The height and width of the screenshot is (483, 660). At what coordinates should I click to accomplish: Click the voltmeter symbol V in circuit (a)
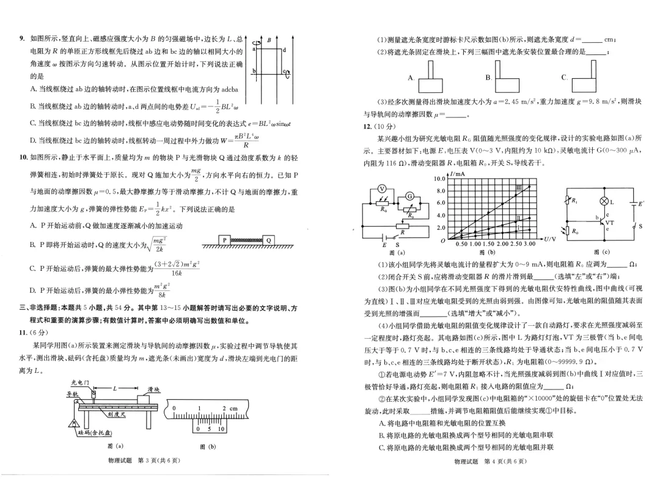[380, 188]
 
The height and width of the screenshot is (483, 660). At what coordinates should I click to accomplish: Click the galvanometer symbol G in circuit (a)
[411, 196]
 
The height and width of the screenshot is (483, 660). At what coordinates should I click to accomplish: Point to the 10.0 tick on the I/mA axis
[442, 179]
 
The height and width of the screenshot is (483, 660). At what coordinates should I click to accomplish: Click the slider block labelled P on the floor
[224, 239]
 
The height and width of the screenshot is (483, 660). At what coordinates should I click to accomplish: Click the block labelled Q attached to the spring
[269, 239]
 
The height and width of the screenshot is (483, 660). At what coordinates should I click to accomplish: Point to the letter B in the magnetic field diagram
[268, 40]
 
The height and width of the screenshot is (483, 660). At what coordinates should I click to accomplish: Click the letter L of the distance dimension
[114, 388]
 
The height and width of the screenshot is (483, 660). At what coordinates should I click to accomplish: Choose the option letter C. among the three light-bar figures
[563, 78]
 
